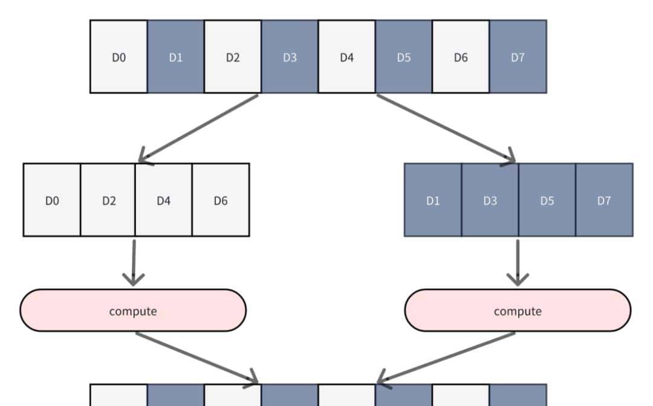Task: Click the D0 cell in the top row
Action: pyautogui.click(x=119, y=57)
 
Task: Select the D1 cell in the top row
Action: pyautogui.click(x=175, y=57)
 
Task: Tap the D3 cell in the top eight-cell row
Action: pyautogui.click(x=290, y=57)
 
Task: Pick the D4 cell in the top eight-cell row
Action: pyautogui.click(x=346, y=57)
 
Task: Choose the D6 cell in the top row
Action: pyautogui.click(x=461, y=57)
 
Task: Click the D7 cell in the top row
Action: pyautogui.click(x=518, y=57)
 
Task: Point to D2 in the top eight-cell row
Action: pyautogui.click(x=233, y=57)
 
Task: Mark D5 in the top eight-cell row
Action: pyautogui.click(x=404, y=57)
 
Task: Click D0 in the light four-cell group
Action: pyautogui.click(x=52, y=200)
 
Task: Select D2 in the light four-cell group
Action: pyautogui.click(x=108, y=200)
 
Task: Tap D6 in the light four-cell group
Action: pyautogui.click(x=221, y=200)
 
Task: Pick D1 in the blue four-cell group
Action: pyautogui.click(x=433, y=200)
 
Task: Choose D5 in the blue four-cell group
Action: pyautogui.click(x=547, y=200)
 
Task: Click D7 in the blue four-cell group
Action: pyautogui.click(x=604, y=200)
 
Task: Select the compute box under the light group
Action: pyautogui.click(x=133, y=311)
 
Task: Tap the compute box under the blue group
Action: pyautogui.click(x=518, y=311)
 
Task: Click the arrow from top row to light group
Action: pyautogui.click(x=200, y=128)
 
